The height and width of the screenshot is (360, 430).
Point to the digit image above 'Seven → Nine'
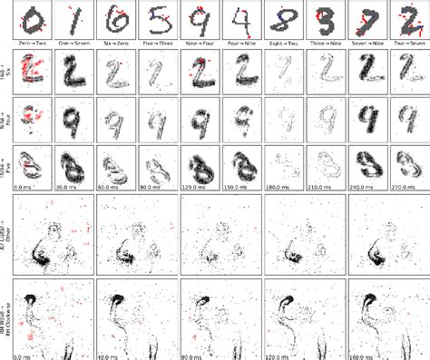(x=364, y=21)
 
